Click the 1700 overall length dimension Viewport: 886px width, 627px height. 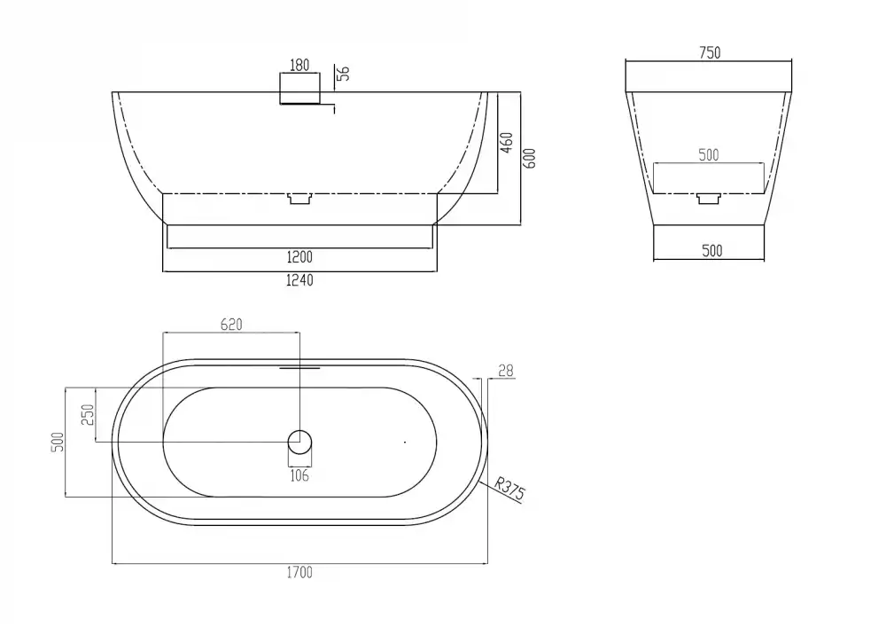pos(299,573)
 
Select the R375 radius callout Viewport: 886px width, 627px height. pos(509,489)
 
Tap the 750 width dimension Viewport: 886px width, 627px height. pos(710,52)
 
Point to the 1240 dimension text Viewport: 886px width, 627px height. pos(299,280)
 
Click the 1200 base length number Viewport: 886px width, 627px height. pos(299,257)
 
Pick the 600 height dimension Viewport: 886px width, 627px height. pos(530,159)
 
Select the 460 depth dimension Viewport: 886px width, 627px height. pos(507,143)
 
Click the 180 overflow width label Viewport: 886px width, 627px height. pos(299,65)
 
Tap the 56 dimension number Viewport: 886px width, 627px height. pos(343,74)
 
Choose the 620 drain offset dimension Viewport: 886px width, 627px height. pos(231,325)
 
